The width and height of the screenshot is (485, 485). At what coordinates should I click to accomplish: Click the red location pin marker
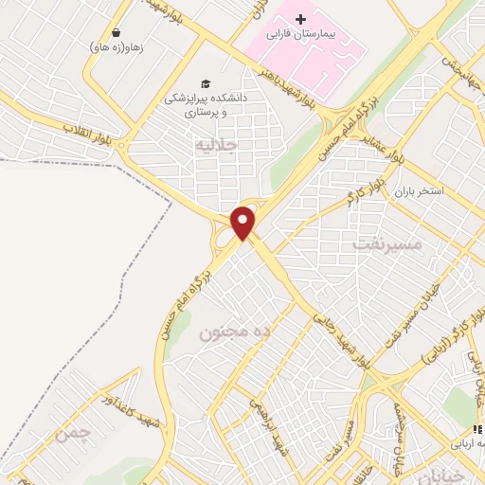click(x=243, y=223)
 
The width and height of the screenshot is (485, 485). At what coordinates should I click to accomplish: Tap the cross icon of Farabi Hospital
click(x=300, y=19)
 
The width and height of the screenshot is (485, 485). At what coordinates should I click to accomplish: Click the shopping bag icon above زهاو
click(x=116, y=31)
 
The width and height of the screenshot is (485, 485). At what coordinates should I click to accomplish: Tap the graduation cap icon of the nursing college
click(x=202, y=82)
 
